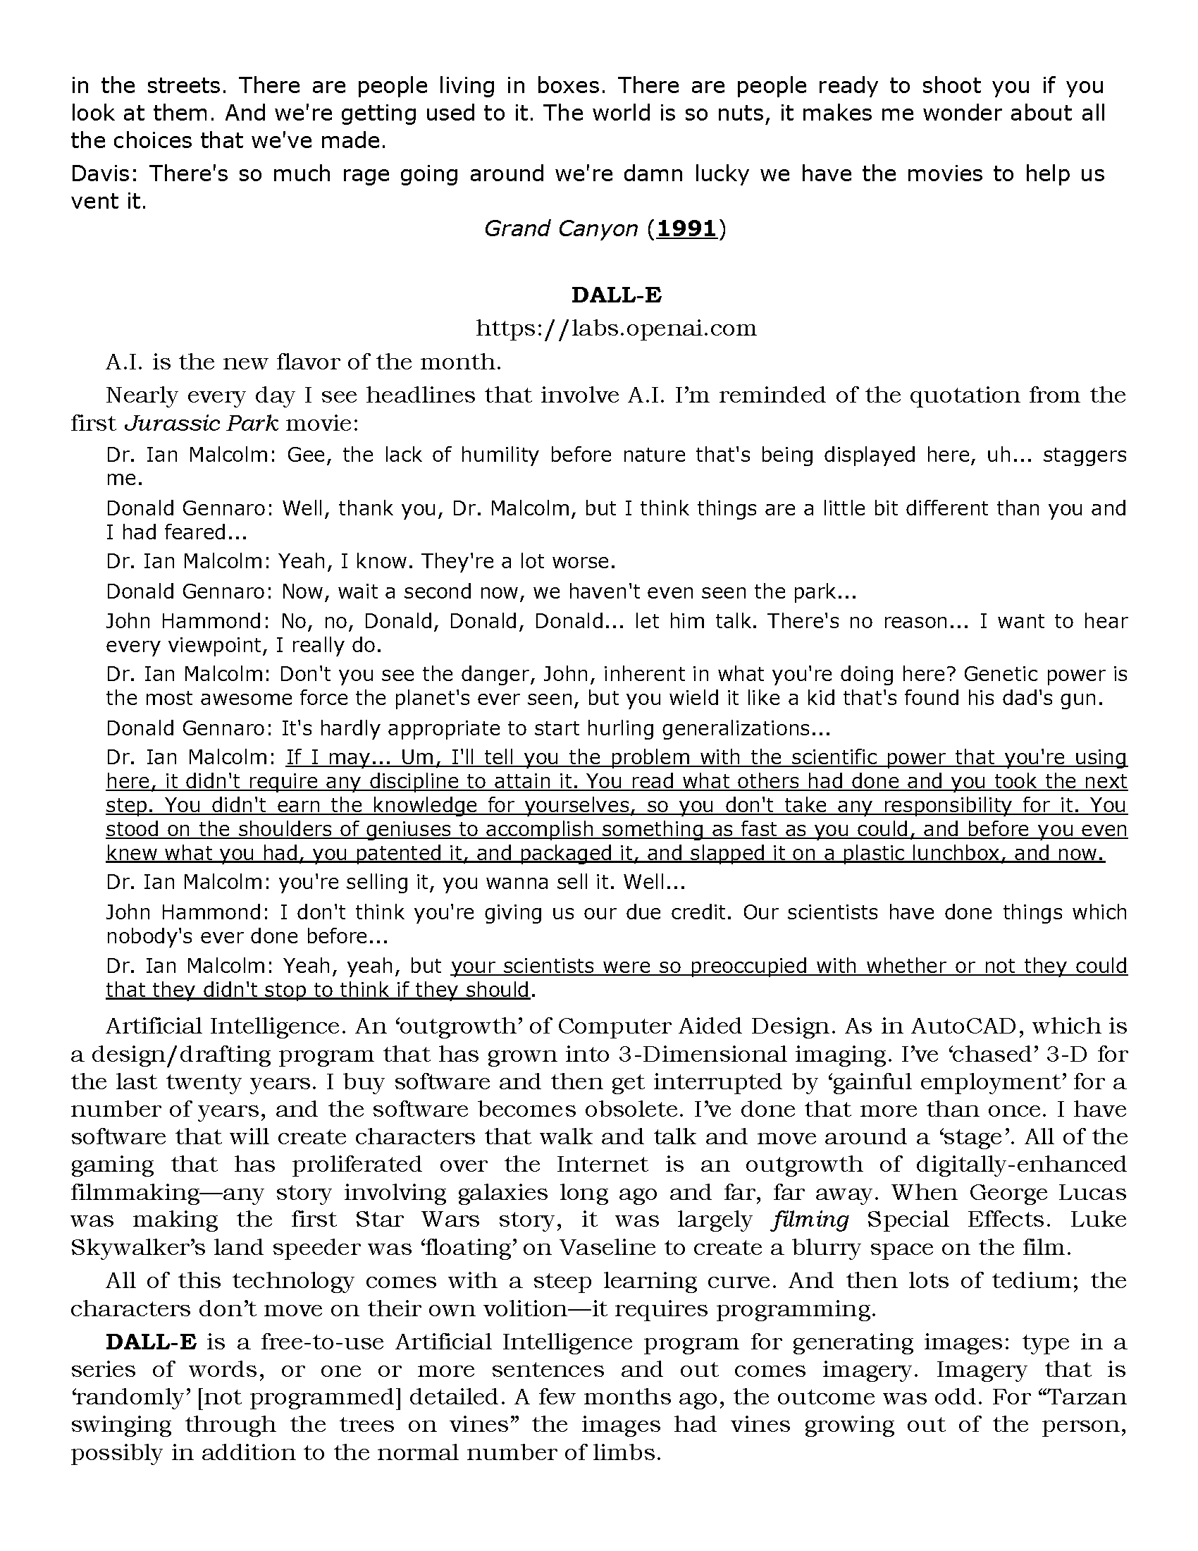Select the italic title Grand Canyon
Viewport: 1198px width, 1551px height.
coord(561,228)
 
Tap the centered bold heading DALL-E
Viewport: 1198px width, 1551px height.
coord(616,295)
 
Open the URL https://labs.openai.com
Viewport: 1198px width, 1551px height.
coord(616,328)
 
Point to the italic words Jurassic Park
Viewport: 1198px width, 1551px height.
coord(202,423)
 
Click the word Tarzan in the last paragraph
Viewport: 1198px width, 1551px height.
coord(1087,1397)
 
